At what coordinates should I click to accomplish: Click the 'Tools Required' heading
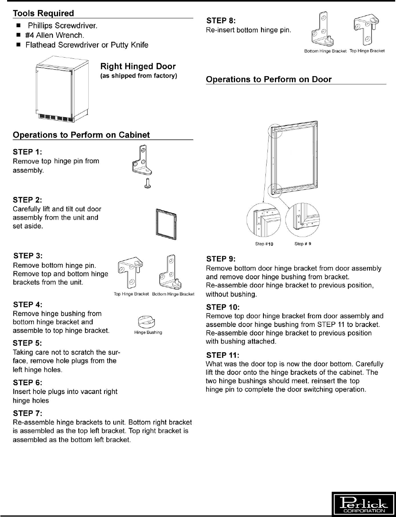click(x=43, y=13)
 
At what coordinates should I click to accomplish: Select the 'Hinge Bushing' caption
click(x=148, y=332)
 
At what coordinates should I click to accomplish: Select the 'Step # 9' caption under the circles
click(x=303, y=244)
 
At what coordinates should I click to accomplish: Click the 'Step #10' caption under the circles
click(x=264, y=244)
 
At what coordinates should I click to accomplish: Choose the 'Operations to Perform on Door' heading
click(x=269, y=79)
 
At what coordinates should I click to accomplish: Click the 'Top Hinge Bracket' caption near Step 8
click(x=367, y=51)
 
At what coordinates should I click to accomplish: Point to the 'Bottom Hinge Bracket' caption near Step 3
click(x=173, y=294)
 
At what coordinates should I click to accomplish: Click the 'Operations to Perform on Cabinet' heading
click(x=81, y=135)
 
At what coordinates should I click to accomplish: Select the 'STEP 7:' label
click(x=28, y=413)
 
